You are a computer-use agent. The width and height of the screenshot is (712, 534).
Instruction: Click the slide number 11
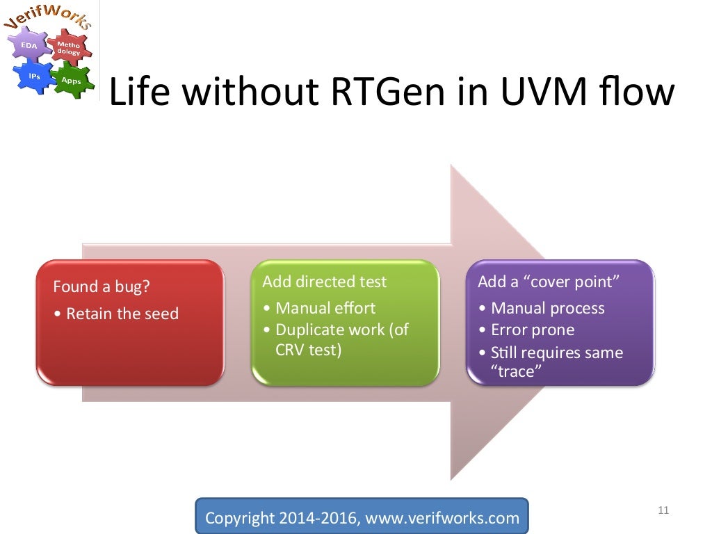(x=663, y=511)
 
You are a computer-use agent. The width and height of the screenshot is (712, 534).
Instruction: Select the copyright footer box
(x=362, y=517)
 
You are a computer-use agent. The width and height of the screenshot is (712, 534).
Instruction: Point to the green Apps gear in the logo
(x=71, y=80)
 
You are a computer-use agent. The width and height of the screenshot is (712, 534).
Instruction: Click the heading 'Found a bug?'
(x=102, y=287)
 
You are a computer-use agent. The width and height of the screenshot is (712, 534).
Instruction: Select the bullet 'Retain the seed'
(x=122, y=314)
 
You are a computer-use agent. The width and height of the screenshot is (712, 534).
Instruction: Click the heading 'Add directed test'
(x=324, y=282)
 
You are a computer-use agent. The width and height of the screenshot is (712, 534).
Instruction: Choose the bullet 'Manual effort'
(x=325, y=308)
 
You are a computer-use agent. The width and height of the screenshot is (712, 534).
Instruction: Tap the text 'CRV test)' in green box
(x=308, y=350)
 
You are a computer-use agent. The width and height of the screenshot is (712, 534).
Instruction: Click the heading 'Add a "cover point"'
(x=549, y=282)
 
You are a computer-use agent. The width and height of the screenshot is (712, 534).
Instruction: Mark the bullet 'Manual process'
(x=547, y=308)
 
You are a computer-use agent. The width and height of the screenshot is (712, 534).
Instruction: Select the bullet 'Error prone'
(x=533, y=330)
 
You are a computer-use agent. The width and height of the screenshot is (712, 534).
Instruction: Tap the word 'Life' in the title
(x=138, y=93)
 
